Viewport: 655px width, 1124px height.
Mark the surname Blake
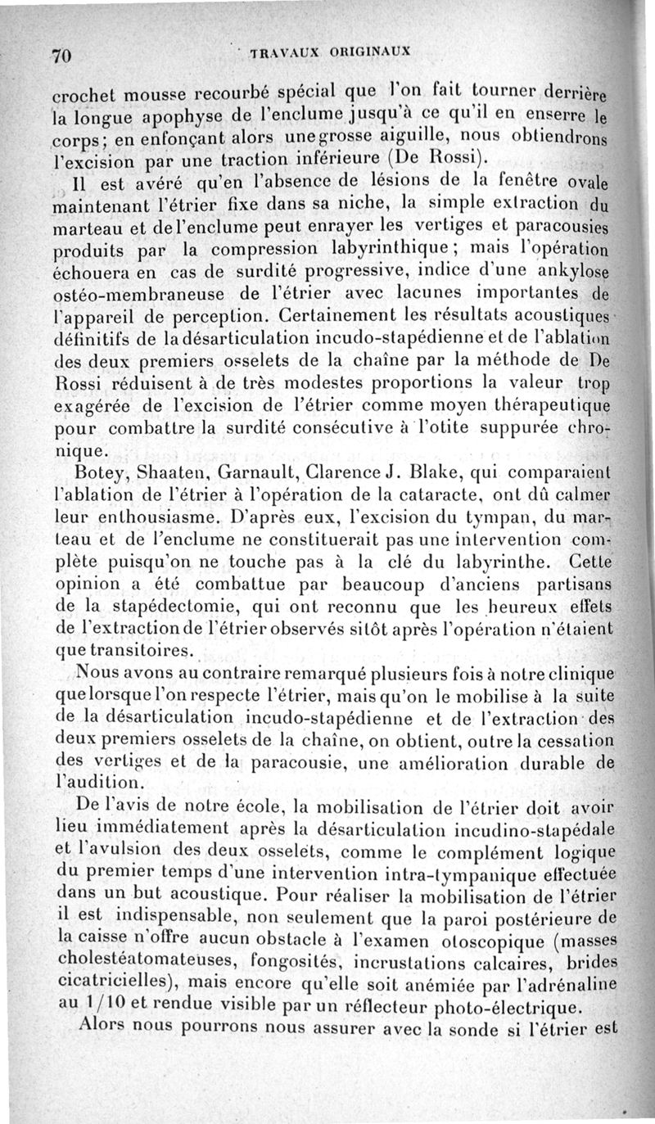441,472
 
